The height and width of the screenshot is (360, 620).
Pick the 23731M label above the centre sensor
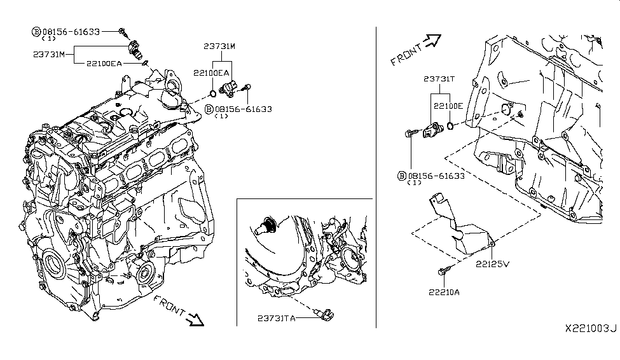pyautogui.click(x=221, y=46)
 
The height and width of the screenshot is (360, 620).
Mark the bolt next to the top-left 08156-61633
pyautogui.click(x=123, y=31)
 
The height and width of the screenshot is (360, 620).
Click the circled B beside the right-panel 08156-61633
pyautogui.click(x=401, y=176)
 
